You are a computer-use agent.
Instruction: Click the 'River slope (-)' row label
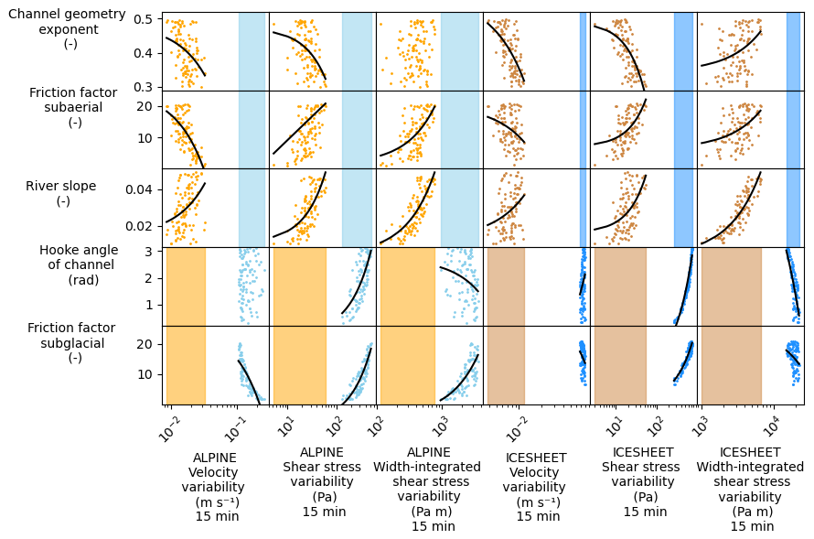pyautogui.click(x=61, y=193)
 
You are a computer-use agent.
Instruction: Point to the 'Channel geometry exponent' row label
pyautogui.click(x=67, y=28)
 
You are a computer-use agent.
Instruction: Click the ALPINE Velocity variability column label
pyautogui.click(x=216, y=486)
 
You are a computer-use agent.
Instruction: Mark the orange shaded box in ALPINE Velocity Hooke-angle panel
pyautogui.click(x=186, y=286)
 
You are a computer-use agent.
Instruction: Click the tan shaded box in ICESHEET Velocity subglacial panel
pyautogui.click(x=505, y=365)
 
